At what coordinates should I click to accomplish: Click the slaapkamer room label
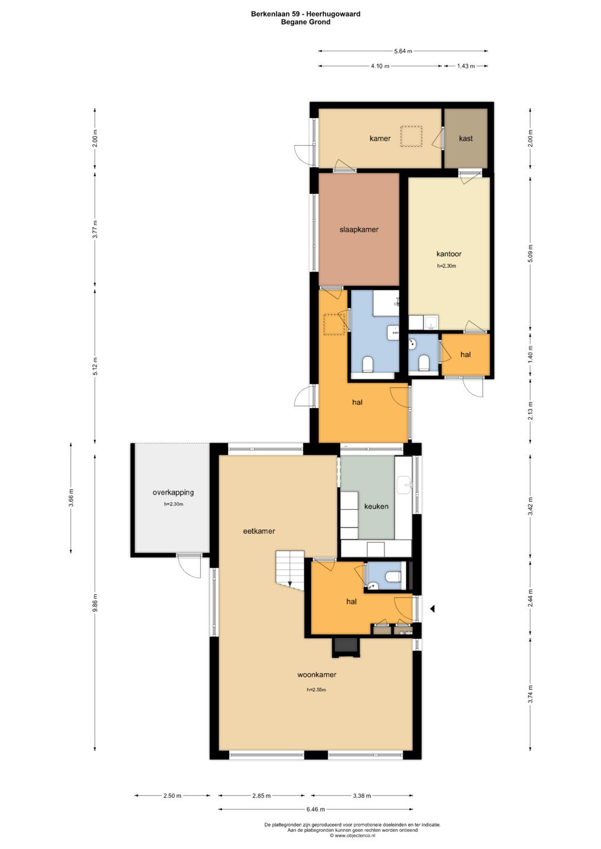358,229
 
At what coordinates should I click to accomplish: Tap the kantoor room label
449,254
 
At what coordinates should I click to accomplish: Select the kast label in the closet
466,138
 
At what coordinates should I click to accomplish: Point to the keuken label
376,506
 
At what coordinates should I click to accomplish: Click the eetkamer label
259,531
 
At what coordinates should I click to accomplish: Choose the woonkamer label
317,674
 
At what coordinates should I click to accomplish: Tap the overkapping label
173,493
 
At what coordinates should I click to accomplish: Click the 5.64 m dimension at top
403,51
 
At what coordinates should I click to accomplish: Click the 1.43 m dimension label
466,66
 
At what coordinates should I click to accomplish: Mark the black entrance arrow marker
432,609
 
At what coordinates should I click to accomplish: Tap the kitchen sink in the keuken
404,485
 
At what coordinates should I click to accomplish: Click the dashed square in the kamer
411,136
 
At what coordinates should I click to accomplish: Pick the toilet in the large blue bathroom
368,364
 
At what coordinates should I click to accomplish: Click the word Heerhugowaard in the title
333,14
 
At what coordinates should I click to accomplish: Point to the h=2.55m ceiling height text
317,689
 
